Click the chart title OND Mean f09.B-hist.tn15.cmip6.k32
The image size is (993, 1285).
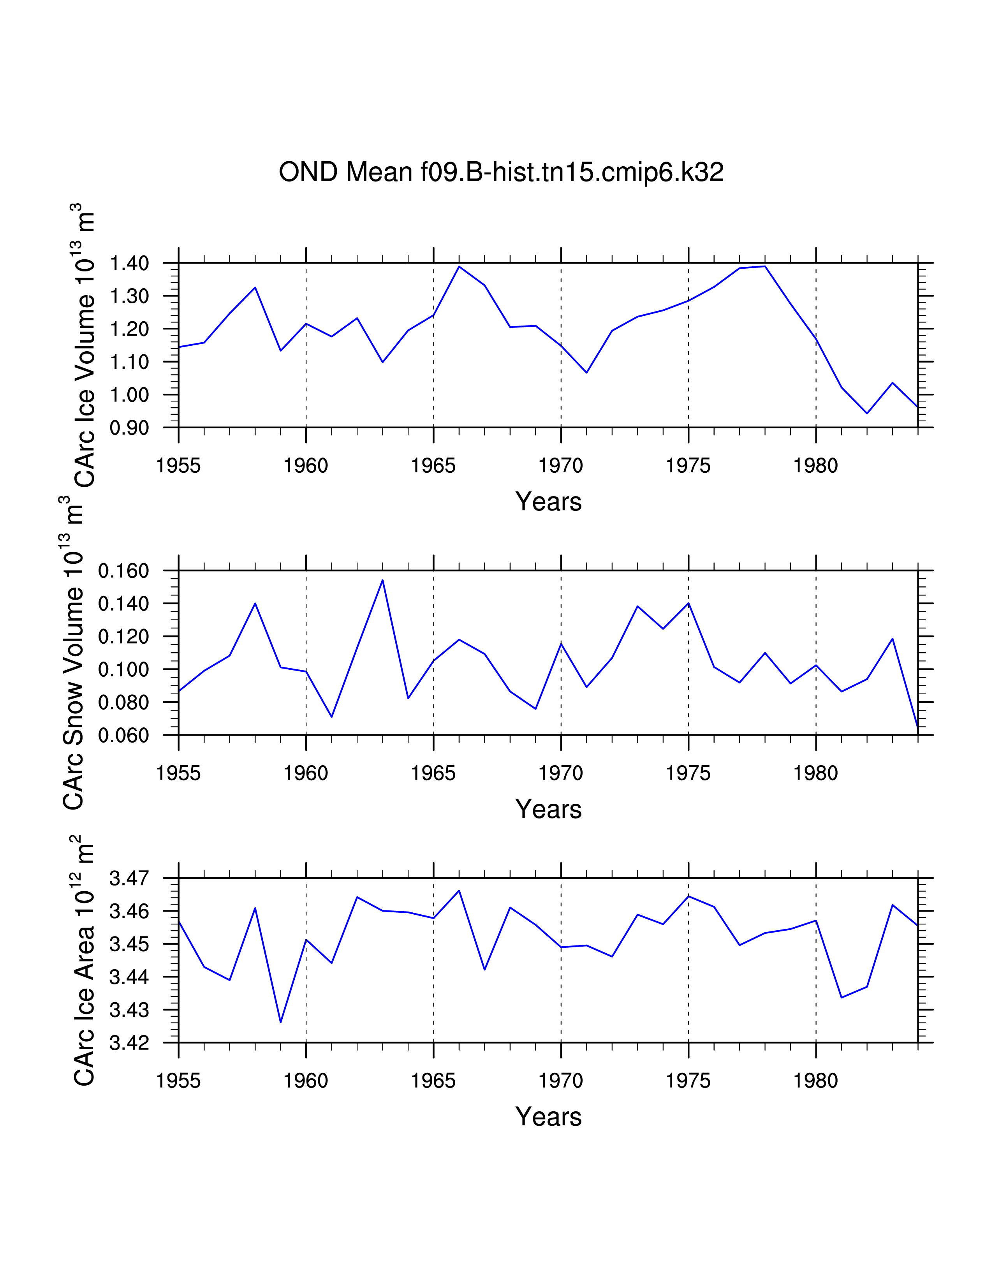click(x=501, y=173)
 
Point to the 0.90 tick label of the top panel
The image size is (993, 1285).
click(x=129, y=427)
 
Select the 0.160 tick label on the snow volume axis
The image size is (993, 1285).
click(x=123, y=571)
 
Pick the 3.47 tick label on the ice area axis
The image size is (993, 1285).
click(x=129, y=878)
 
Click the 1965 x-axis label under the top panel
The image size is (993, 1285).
click(x=433, y=466)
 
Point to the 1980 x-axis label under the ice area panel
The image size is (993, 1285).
click(x=815, y=1081)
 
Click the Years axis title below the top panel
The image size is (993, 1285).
click(x=548, y=502)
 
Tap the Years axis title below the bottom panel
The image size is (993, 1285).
click(x=548, y=1117)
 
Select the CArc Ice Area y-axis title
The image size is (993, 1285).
click(x=84, y=960)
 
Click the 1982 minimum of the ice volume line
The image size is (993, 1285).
click(x=866, y=413)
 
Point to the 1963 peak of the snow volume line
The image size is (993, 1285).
click(x=382, y=580)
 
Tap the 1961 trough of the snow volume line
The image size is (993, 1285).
click(x=332, y=716)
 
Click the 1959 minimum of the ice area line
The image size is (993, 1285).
click(x=281, y=1022)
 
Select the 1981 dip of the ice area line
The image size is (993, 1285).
click(x=841, y=997)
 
